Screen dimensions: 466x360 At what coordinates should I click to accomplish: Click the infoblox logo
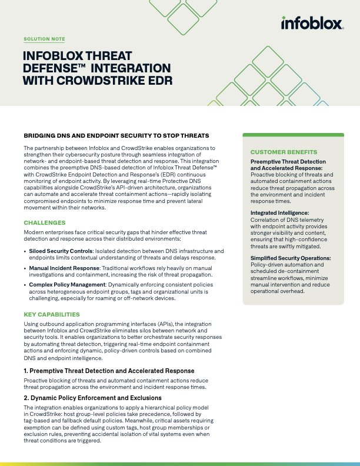pos(312,24)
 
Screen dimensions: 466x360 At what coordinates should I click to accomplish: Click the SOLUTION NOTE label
pos(44,39)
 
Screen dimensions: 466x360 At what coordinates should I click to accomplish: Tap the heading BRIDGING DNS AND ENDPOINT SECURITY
pos(116,135)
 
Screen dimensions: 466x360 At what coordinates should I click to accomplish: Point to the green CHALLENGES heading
pos(45,222)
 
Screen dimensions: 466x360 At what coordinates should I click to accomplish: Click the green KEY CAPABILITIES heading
pos(52,314)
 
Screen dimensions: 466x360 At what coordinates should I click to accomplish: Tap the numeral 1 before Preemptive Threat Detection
pos(25,371)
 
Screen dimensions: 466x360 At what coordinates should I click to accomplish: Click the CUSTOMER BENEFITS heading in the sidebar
pos(284,152)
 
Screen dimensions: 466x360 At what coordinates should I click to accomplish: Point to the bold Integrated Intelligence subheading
pos(279,212)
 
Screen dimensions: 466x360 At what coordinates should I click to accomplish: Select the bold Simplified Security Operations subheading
pos(291,258)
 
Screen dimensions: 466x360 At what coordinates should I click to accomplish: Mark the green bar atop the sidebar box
pos(293,135)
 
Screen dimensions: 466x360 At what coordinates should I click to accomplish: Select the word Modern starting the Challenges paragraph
pos(35,232)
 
